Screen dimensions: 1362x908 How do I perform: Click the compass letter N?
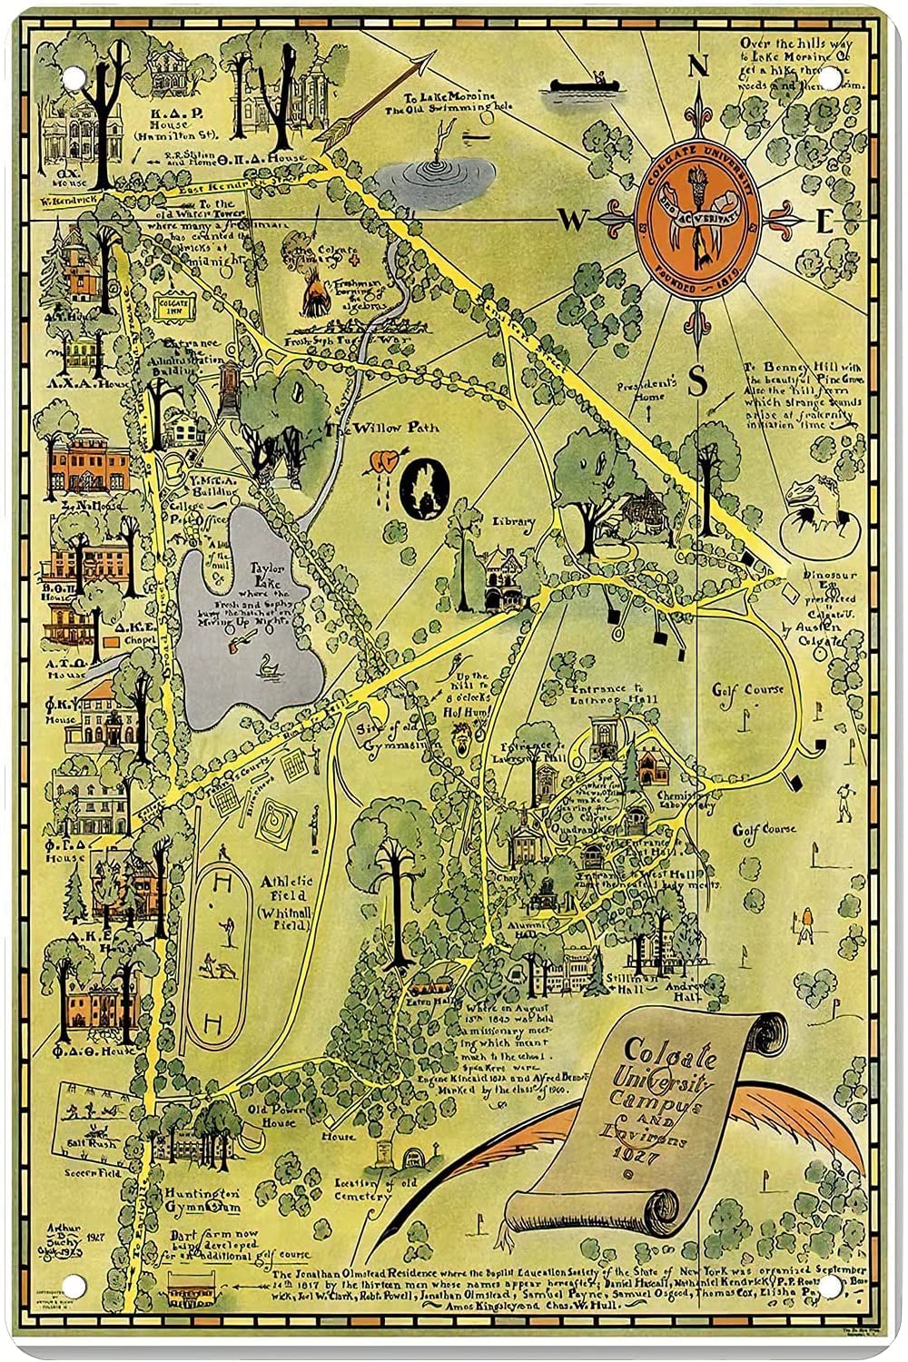pyautogui.click(x=698, y=67)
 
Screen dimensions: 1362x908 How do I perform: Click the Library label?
pyautogui.click(x=515, y=521)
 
